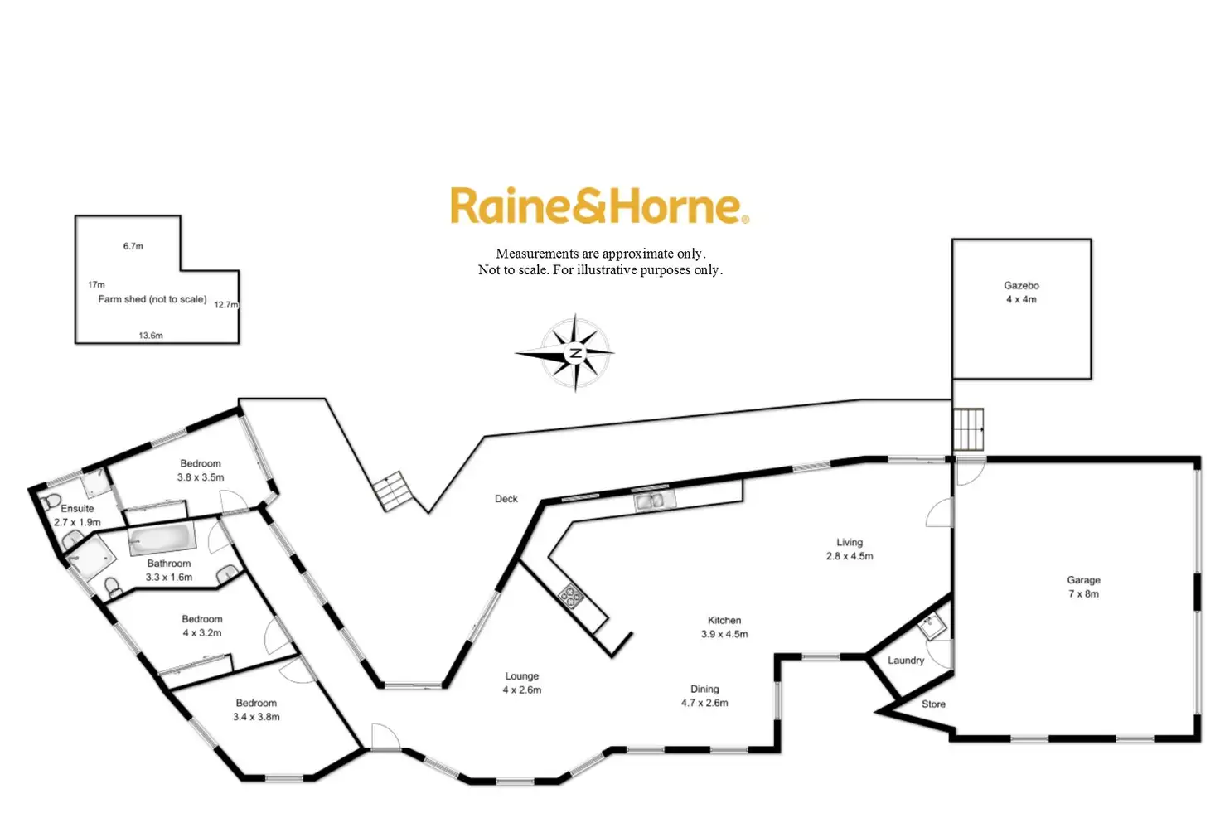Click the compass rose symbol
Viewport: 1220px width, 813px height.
pyautogui.click(x=574, y=352)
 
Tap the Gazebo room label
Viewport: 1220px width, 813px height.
pyautogui.click(x=1021, y=292)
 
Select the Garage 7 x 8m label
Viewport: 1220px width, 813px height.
pyautogui.click(x=1083, y=587)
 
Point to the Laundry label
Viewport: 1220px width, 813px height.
pyautogui.click(x=905, y=661)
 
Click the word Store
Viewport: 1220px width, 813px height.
pyautogui.click(x=933, y=704)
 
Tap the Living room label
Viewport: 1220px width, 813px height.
pyautogui.click(x=850, y=549)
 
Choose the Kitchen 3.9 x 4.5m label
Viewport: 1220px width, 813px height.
pyautogui.click(x=724, y=627)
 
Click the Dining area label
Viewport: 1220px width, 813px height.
pyautogui.click(x=704, y=695)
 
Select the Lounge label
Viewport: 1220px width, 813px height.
pyautogui.click(x=521, y=682)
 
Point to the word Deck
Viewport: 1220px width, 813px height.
pyautogui.click(x=506, y=499)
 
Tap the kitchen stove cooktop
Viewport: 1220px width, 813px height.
pyautogui.click(x=570, y=594)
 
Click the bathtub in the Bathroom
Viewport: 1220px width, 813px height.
pyautogui.click(x=162, y=540)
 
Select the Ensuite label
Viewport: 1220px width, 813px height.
pyautogui.click(x=77, y=515)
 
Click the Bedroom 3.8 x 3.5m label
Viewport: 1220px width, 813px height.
pyautogui.click(x=201, y=470)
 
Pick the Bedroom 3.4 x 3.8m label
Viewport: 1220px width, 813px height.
pyautogui.click(x=256, y=709)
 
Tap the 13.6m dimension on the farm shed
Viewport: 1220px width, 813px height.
pyautogui.click(x=151, y=336)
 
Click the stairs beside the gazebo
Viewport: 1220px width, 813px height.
pyautogui.click(x=968, y=429)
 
